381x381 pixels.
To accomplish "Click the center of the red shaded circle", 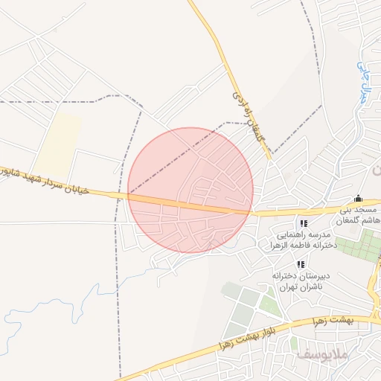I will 190,190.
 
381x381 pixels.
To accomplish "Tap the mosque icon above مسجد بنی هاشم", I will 358,199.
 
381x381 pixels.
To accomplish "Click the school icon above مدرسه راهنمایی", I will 303,223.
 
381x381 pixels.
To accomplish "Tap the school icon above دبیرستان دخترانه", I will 301,264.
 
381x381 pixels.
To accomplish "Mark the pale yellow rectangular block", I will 59,144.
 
